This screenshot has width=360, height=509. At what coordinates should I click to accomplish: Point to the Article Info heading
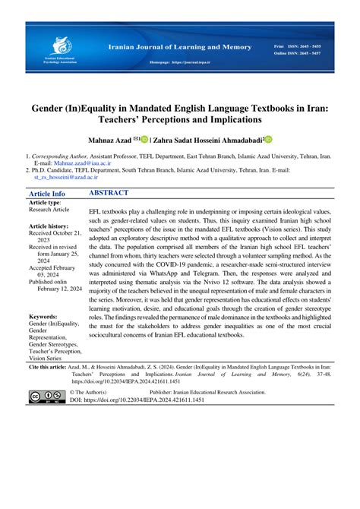point(46,194)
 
